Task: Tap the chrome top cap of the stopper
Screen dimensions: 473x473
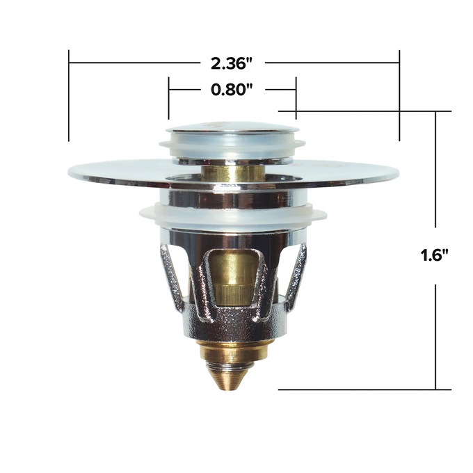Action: (232, 129)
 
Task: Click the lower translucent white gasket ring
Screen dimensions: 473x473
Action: (232, 217)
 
